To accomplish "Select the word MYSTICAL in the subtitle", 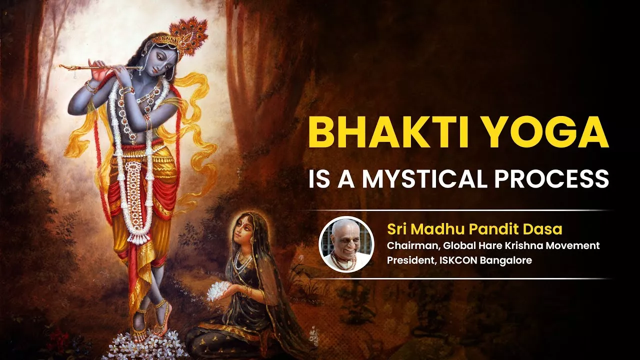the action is [x=424, y=179].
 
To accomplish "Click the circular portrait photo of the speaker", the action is [x=346, y=244].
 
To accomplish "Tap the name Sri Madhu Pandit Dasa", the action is [x=474, y=229].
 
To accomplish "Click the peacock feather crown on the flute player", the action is [x=187, y=35].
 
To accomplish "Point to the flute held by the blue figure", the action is [x=100, y=68].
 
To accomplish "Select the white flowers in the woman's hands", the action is [x=219, y=291].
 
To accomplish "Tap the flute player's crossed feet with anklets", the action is [x=151, y=317].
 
